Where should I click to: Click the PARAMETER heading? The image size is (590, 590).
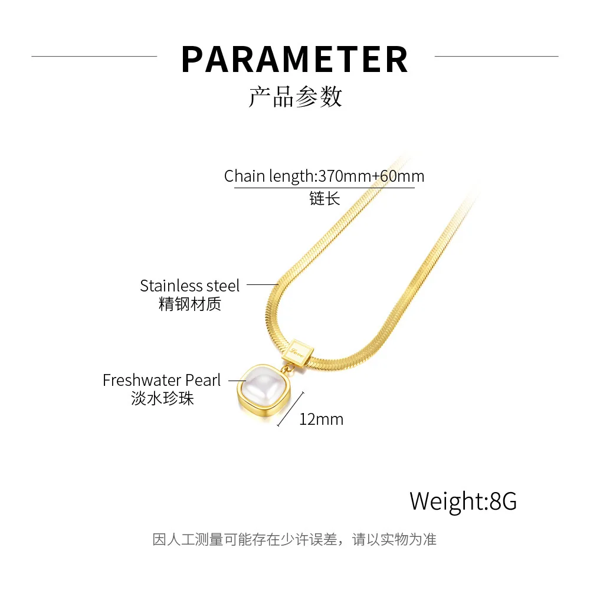[295, 59]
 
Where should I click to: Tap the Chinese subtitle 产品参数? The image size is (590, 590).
[295, 97]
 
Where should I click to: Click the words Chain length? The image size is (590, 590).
[270, 176]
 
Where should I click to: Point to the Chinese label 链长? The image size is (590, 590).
[324, 199]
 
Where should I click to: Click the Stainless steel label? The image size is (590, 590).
[190, 286]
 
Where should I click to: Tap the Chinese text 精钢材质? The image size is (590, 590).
[190, 305]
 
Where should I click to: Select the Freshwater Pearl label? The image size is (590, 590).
[162, 381]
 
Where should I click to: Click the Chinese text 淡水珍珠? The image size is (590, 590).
[162, 399]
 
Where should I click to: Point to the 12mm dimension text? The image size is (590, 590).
[321, 419]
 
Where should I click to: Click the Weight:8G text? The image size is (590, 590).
[463, 501]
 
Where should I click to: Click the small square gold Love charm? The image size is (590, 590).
[298, 349]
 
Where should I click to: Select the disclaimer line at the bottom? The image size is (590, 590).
[294, 539]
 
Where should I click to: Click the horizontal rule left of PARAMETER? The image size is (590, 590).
[94, 56]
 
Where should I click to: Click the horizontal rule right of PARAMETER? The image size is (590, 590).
[496, 56]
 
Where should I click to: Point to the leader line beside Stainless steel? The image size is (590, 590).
[262, 285]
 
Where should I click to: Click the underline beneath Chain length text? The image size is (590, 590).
[324, 188]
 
